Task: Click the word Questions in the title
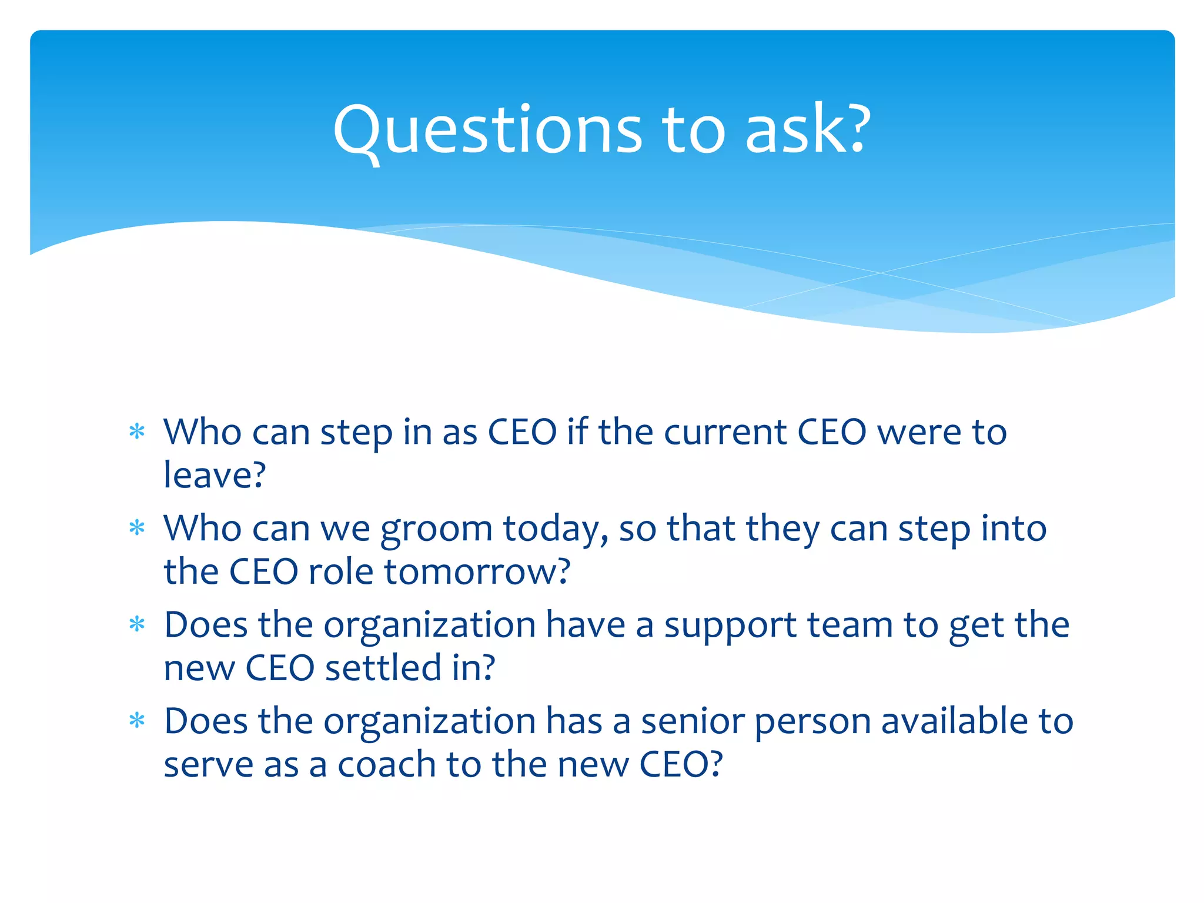[x=487, y=131]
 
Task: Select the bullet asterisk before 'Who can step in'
[x=137, y=432]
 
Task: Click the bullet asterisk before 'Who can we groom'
[x=137, y=528]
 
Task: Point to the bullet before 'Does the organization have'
[x=137, y=624]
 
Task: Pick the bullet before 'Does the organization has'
[x=137, y=721]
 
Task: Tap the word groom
[x=436, y=529]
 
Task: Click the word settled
[x=383, y=668]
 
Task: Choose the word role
[x=340, y=571]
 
